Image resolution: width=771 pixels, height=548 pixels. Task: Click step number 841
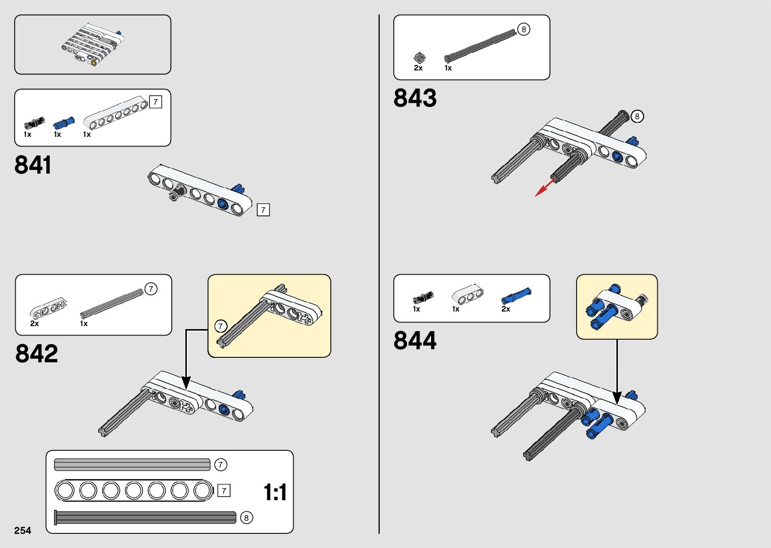click(33, 165)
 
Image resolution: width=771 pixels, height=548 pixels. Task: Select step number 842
click(36, 353)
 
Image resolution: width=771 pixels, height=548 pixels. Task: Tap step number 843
click(415, 98)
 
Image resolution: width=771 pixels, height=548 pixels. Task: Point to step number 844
click(415, 341)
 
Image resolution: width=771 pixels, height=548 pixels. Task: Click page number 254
click(23, 530)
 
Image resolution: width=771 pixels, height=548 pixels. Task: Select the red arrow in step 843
click(544, 187)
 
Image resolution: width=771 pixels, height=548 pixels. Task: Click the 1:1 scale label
click(275, 492)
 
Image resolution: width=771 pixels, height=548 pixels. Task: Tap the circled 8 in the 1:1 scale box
click(246, 518)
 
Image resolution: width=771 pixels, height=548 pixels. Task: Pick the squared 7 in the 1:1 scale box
click(224, 490)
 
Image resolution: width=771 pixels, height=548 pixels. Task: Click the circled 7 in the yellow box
click(221, 326)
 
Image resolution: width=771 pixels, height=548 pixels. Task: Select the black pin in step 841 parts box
click(34, 122)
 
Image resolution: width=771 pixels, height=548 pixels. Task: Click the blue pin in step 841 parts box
click(64, 122)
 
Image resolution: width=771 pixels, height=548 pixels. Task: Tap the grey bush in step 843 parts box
click(418, 58)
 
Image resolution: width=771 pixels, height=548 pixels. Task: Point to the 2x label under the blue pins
click(506, 309)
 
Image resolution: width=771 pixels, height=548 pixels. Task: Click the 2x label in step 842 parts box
click(34, 324)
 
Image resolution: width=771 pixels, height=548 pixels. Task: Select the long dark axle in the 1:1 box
click(145, 517)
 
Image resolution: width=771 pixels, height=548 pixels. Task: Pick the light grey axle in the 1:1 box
click(132, 464)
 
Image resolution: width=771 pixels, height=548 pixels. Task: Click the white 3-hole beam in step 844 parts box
click(467, 294)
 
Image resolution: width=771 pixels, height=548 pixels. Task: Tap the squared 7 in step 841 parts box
click(156, 102)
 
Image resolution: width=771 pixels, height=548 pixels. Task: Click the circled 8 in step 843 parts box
click(524, 30)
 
